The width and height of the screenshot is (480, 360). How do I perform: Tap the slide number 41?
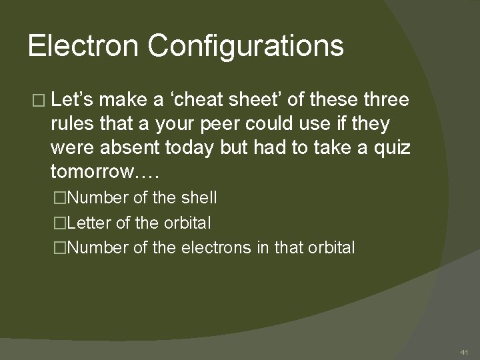[x=464, y=351]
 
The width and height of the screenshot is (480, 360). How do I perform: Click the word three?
[x=386, y=100]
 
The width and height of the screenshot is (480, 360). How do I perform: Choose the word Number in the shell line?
[x=97, y=198]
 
